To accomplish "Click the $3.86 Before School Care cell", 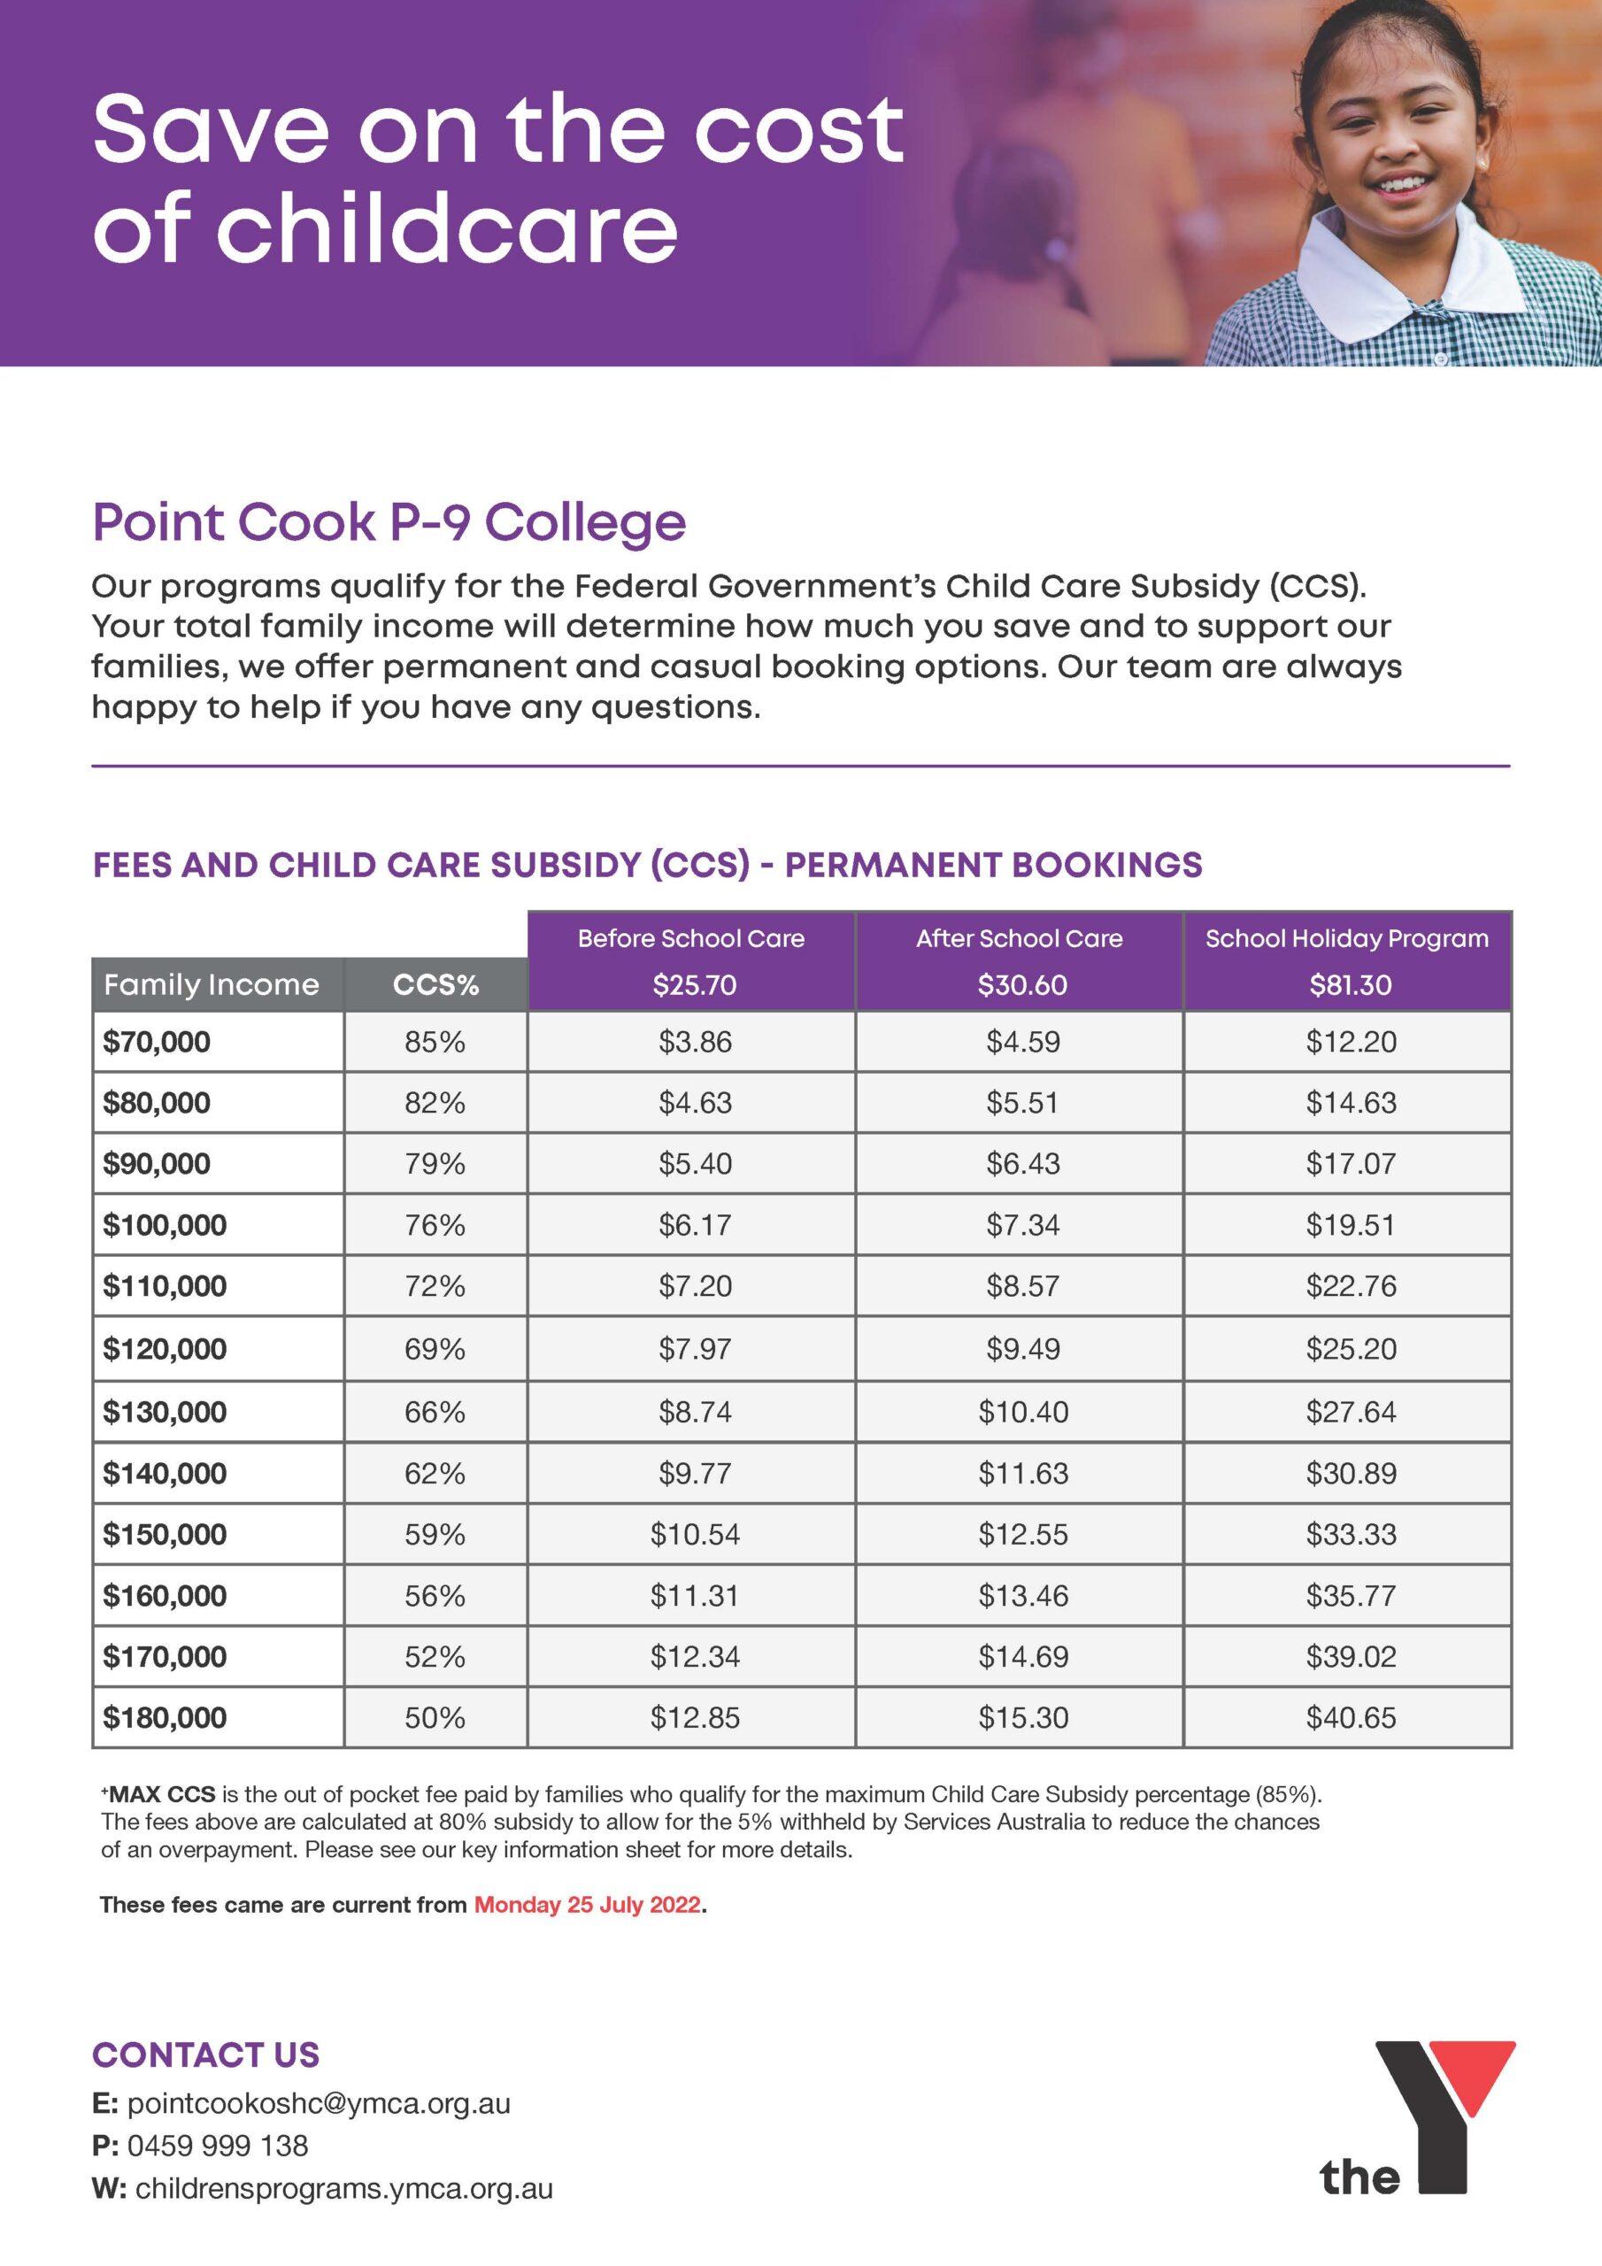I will [695, 1042].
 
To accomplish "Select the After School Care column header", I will [1019, 937].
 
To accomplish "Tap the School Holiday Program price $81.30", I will [1350, 985].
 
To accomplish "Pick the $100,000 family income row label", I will [165, 1225].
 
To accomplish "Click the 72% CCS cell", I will [435, 1286].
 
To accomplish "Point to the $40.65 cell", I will [1351, 1717].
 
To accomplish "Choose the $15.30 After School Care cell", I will [1022, 1717].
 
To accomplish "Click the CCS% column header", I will [435, 985].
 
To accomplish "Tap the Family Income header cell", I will [212, 985].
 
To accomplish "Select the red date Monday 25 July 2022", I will [589, 1905].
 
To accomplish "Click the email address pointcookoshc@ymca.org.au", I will [318, 2104].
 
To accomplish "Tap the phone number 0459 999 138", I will [217, 2145].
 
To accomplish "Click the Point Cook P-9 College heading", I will [389, 522].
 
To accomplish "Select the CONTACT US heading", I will [205, 2054].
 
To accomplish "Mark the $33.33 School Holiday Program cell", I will [1351, 1535].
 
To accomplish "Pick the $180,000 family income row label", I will [165, 1717].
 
